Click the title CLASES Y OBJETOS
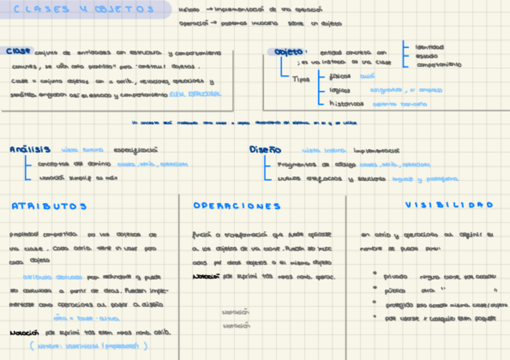[x=84, y=10]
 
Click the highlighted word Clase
[x=19, y=52]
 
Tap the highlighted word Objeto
[x=289, y=52]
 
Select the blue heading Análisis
[x=30, y=150]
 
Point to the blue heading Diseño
[x=265, y=150]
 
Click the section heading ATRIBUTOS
[x=49, y=206]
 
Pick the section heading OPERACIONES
[x=237, y=206]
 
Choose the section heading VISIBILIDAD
[x=449, y=205]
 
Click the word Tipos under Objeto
[x=301, y=79]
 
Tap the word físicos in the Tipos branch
[x=340, y=76]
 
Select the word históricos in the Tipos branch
[x=346, y=103]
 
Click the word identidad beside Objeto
[x=430, y=46]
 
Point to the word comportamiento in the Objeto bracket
[x=440, y=64]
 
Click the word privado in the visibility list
[x=396, y=277]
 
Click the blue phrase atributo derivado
[x=53, y=277]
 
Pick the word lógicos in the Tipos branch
[x=341, y=90]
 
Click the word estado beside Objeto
[x=426, y=55]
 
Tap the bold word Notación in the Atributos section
[x=24, y=332]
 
